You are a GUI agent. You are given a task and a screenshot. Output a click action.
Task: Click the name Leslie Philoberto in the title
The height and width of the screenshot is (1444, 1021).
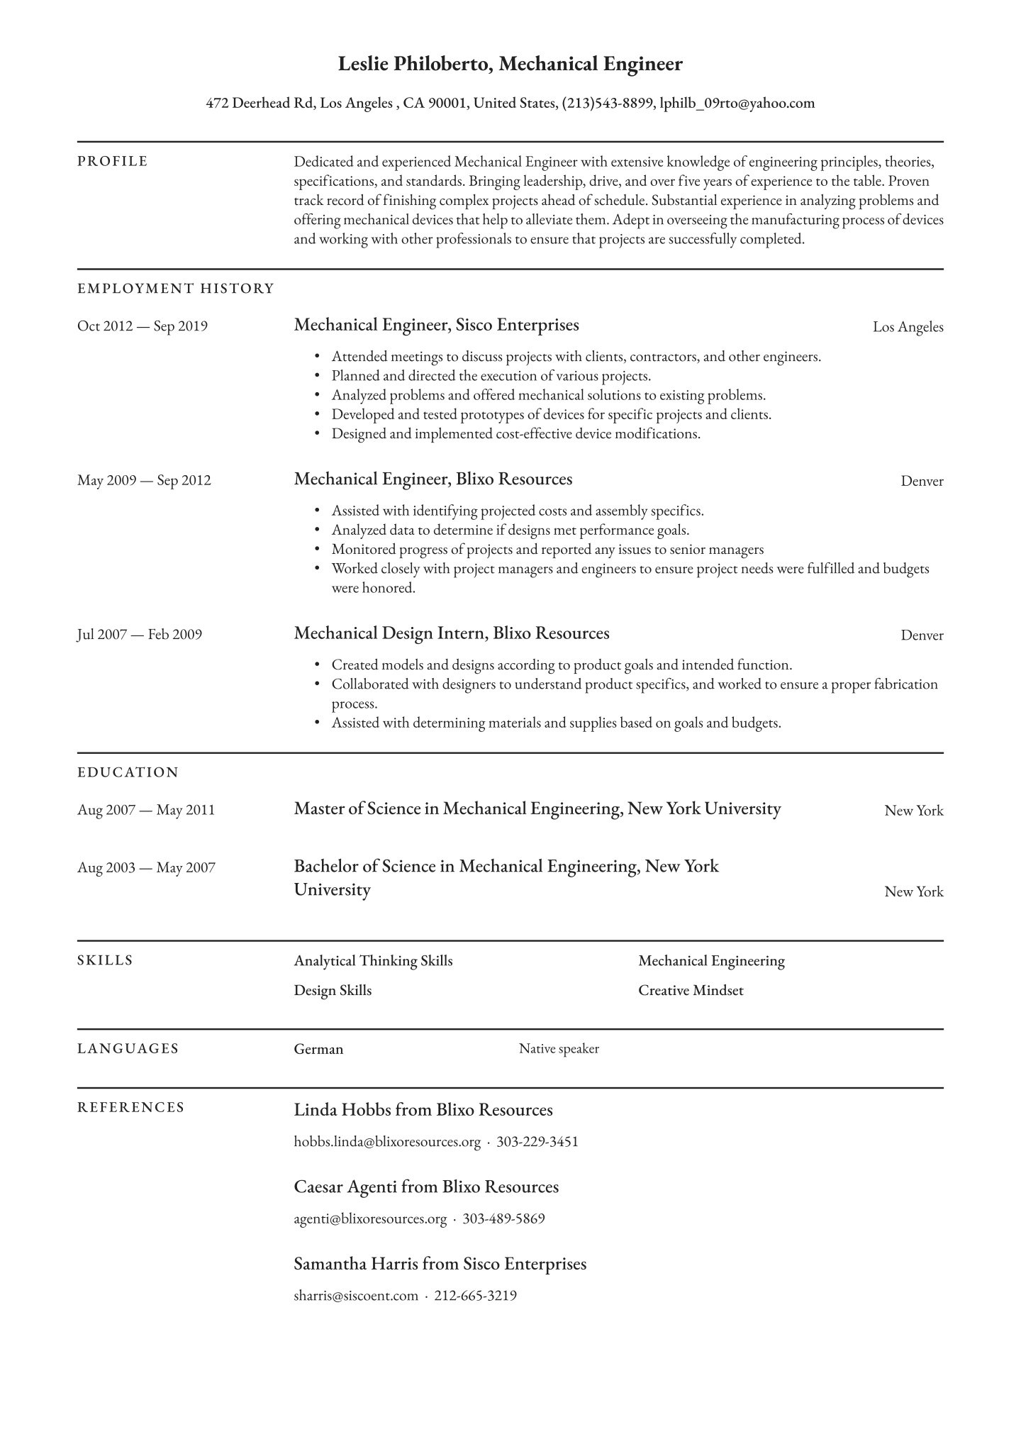pos(414,65)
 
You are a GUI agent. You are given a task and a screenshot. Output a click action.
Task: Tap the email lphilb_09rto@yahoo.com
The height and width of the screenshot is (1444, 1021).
pos(737,104)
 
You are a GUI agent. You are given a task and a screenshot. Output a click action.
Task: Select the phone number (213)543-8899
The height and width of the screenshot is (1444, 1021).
pos(607,104)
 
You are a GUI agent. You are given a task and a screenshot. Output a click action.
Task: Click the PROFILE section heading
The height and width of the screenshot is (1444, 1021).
pos(113,162)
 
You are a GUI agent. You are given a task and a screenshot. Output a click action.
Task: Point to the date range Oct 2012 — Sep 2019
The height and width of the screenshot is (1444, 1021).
pos(143,326)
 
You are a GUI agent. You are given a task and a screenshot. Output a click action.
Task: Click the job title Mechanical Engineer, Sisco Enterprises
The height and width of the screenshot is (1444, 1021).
pos(436,325)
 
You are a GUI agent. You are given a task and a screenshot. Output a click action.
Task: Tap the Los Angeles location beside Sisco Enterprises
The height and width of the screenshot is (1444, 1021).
pos(908,327)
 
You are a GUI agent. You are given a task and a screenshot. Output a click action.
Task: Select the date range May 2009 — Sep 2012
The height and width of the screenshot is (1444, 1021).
pos(144,480)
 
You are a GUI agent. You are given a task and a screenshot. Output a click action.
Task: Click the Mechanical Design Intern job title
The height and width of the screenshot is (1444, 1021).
pos(452,633)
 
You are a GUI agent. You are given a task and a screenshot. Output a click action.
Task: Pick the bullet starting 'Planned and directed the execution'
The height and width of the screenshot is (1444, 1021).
pos(491,376)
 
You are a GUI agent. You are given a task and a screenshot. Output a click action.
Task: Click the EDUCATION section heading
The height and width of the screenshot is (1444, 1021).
pos(128,772)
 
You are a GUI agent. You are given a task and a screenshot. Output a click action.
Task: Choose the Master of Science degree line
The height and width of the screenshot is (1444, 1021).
pos(537,809)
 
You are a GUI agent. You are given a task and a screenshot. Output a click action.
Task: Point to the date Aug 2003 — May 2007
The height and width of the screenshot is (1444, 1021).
pos(146,867)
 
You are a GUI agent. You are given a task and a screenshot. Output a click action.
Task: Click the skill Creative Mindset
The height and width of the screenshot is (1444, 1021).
pos(691,990)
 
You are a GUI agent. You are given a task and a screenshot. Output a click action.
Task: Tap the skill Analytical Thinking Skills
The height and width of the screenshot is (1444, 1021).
pos(373,961)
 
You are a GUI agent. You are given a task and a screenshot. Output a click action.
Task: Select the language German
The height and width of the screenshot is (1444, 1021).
pos(318,1049)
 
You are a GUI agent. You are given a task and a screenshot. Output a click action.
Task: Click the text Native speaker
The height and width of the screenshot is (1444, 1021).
pos(559,1049)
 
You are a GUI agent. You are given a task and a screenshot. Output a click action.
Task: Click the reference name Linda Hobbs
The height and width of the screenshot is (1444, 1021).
pos(342,1110)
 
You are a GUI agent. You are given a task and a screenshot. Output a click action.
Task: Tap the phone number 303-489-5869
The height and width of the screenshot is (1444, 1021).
pos(503,1219)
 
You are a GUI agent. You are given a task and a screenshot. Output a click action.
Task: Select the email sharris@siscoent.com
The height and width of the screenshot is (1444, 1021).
pos(356,1296)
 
